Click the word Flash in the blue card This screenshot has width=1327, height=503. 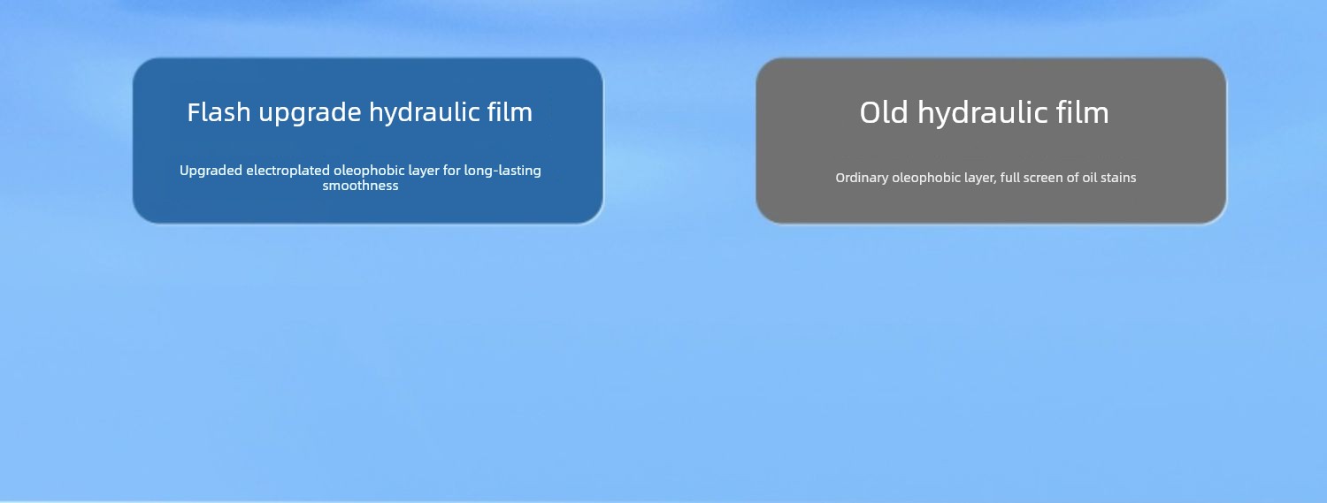point(219,112)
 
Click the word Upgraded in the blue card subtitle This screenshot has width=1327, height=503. point(211,171)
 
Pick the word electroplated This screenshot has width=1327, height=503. point(288,171)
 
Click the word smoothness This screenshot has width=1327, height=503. point(360,186)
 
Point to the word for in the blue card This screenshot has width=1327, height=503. point(451,171)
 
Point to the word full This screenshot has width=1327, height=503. point(1009,178)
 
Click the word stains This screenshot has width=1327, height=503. point(1118,178)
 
